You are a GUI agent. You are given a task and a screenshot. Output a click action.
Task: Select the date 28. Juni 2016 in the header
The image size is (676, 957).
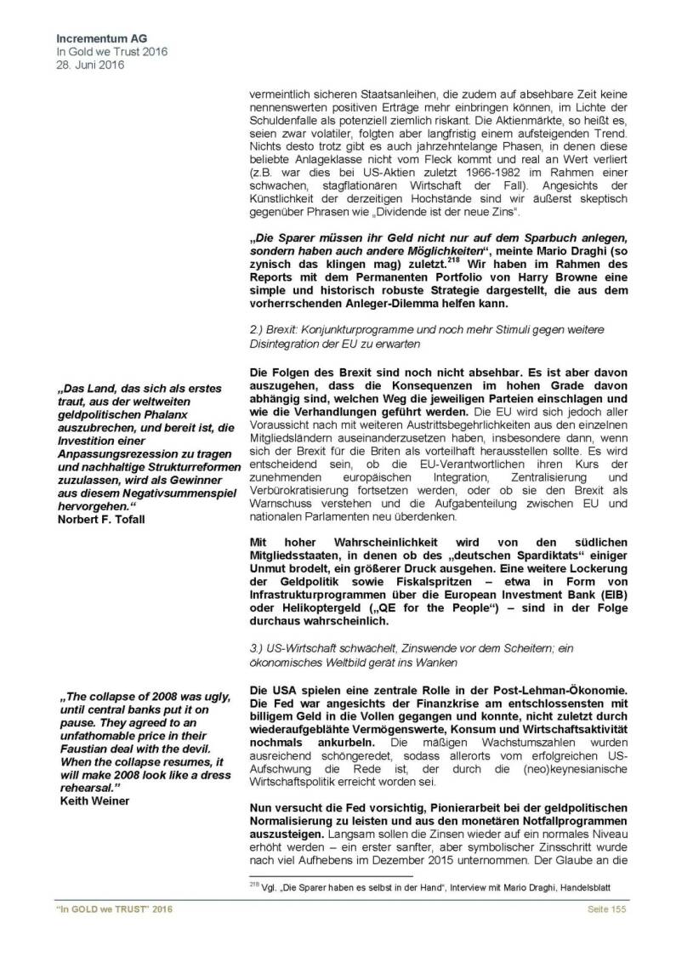pyautogui.click(x=88, y=65)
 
